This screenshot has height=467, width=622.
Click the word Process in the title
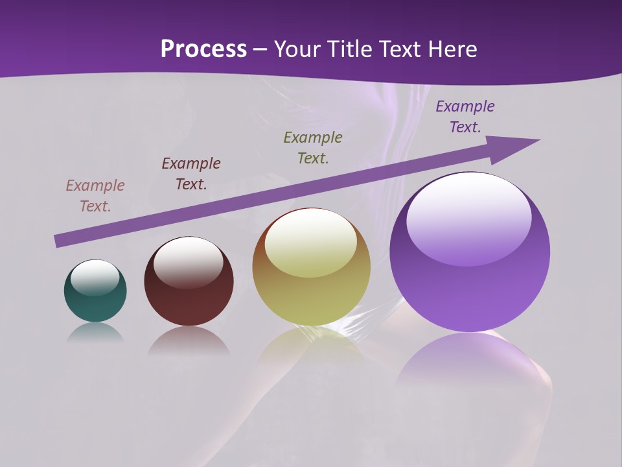203,49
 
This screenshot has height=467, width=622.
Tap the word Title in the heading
350,49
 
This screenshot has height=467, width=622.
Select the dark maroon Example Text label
191,174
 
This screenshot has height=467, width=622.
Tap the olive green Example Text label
313,148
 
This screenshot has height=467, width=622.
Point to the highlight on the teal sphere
95,277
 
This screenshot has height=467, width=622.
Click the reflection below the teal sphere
95,333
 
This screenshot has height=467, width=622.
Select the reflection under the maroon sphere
189,341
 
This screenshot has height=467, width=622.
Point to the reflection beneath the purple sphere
470,357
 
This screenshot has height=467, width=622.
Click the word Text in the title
402,49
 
